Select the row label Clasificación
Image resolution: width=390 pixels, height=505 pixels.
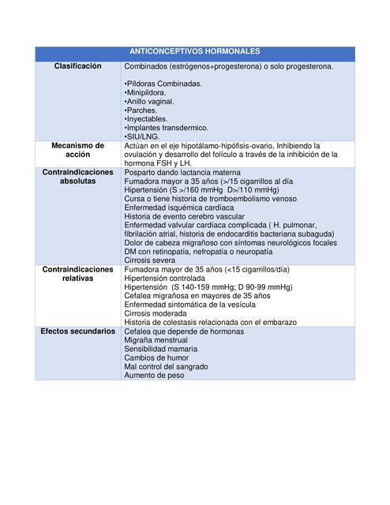click(77, 67)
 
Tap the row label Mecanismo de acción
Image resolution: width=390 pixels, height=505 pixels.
click(77, 150)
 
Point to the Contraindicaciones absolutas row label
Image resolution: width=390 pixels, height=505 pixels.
click(77, 176)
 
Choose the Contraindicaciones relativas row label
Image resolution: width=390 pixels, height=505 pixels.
click(77, 274)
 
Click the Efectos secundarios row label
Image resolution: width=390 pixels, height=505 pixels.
click(77, 331)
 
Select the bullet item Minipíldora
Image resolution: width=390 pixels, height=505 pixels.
click(145, 92)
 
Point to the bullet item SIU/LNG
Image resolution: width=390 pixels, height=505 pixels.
click(142, 137)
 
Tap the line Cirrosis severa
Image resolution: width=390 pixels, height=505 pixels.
click(150, 260)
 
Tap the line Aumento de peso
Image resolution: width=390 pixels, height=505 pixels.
click(154, 376)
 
